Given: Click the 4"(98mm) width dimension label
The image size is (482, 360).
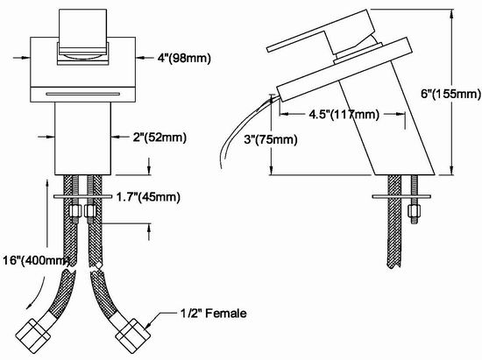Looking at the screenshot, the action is [184, 58].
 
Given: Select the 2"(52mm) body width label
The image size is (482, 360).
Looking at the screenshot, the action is [159, 137].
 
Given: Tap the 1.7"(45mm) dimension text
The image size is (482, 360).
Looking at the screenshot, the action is [148, 196].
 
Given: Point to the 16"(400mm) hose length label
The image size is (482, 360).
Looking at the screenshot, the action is [36, 260].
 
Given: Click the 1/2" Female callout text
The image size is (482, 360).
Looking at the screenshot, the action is [213, 314].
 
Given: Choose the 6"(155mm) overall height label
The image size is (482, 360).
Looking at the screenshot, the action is [450, 94].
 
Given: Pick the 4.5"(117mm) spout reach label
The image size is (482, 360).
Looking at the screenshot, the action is [344, 114].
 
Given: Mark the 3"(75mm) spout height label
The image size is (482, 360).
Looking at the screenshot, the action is [271, 140].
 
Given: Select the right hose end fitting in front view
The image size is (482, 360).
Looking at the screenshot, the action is [132, 335].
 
